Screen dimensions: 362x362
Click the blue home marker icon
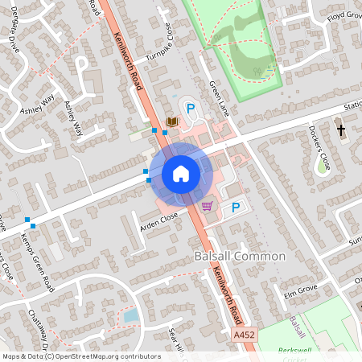(x=181, y=174)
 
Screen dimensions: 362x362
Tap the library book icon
(x=171, y=121)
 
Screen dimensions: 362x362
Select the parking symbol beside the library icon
(x=191, y=108)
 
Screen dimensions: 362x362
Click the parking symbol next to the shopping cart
(x=236, y=208)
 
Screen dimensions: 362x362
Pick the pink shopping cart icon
(x=208, y=206)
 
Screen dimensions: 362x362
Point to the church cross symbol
(x=340, y=130)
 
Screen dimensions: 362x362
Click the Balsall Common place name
(x=240, y=256)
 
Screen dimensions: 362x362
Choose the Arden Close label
(x=158, y=218)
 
